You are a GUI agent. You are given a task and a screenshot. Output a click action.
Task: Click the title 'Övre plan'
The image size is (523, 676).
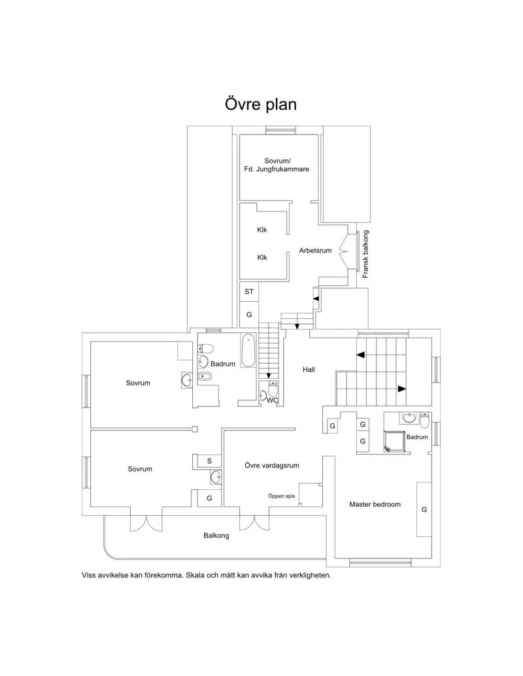(x=261, y=105)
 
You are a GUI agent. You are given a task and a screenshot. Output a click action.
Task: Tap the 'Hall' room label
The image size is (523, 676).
(x=309, y=370)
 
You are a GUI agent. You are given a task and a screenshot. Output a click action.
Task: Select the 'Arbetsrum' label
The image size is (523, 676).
(x=316, y=250)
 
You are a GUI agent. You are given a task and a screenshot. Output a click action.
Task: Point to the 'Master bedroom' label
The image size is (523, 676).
(x=375, y=504)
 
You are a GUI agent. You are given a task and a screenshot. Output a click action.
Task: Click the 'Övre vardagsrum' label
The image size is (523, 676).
(x=272, y=466)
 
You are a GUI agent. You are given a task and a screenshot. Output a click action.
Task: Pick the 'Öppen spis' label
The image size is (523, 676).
(x=281, y=496)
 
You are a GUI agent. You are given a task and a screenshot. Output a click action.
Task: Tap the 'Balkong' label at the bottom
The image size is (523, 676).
(x=216, y=536)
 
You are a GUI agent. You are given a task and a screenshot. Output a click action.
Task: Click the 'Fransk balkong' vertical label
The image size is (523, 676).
(x=366, y=255)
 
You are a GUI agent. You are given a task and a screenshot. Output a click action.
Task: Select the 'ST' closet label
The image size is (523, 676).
(x=249, y=292)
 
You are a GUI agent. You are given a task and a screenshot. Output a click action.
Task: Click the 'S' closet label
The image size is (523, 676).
(x=209, y=461)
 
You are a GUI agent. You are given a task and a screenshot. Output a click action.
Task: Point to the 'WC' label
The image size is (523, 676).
(x=272, y=400)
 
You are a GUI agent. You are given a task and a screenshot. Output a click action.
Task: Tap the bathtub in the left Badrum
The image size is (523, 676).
(x=248, y=351)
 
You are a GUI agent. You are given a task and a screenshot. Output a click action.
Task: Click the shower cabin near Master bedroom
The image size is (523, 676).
(x=394, y=442)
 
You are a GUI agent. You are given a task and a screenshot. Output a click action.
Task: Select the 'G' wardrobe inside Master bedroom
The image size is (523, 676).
(x=424, y=509)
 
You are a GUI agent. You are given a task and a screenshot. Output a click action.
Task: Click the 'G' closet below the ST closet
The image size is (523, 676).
(x=249, y=315)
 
